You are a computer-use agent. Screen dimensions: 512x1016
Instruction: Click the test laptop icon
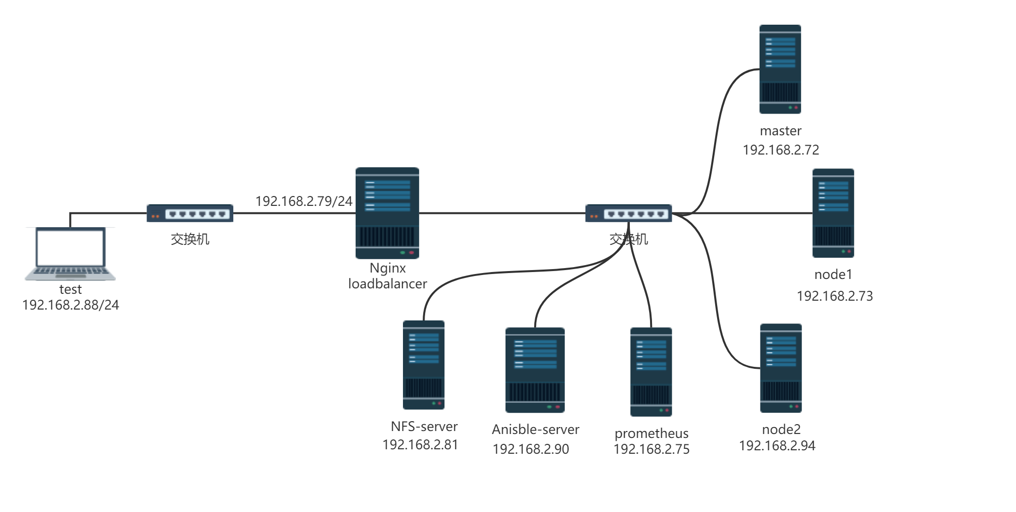tap(70, 254)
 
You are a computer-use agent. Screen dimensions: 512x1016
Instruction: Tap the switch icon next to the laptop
tap(190, 213)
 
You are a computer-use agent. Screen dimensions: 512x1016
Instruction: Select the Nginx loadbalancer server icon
tap(387, 213)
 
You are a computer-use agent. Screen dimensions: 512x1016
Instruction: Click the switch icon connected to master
tap(628, 213)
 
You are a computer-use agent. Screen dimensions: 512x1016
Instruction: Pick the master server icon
tap(780, 69)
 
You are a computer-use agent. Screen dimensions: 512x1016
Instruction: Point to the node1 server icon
tap(833, 213)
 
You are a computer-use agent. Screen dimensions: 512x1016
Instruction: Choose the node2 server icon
tap(781, 368)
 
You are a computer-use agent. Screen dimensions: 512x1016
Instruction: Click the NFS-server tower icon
tap(424, 365)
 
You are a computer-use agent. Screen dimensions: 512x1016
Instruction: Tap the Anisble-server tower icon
tap(535, 370)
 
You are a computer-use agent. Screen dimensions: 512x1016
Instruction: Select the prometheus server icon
tap(651, 372)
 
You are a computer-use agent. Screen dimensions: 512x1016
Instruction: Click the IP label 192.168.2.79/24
tap(304, 201)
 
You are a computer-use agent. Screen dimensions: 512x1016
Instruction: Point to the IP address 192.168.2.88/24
tap(71, 305)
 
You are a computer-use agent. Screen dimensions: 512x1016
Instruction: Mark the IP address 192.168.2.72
tap(781, 150)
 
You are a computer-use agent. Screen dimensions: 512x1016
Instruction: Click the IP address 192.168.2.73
tap(835, 296)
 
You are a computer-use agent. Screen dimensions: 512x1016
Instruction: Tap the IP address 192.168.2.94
tap(777, 446)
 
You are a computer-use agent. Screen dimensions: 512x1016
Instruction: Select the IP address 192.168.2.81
tap(420, 445)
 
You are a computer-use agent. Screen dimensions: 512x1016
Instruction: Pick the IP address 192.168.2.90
tap(531, 449)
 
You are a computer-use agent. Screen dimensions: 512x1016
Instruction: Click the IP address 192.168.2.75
tap(651, 449)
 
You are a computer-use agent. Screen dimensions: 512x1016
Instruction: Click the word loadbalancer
tap(388, 284)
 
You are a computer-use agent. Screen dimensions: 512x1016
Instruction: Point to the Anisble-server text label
tap(536, 430)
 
